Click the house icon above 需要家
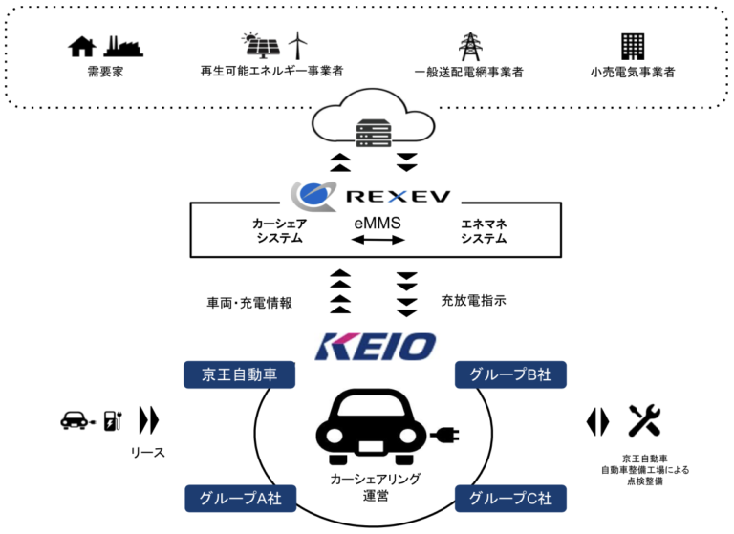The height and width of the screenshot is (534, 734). [x=82, y=45]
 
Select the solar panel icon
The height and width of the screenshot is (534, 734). [x=260, y=45]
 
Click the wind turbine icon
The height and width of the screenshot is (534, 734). [x=299, y=44]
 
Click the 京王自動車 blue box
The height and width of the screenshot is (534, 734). [x=239, y=375]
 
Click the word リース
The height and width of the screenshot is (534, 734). [x=148, y=452]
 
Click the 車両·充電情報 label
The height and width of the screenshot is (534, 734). [x=248, y=303]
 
